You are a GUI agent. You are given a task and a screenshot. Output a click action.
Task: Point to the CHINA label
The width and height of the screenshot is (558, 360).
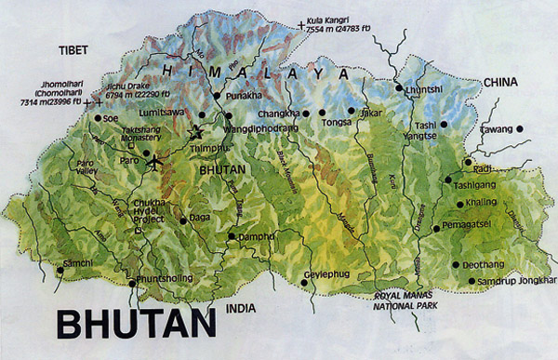499,82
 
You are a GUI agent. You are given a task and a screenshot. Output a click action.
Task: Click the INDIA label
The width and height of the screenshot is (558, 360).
241,307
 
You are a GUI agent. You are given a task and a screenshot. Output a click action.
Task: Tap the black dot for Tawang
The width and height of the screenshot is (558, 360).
521,128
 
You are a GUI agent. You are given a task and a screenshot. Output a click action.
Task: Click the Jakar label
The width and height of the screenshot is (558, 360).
371,113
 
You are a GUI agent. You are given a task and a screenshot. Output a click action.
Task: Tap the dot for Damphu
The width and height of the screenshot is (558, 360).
232,235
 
